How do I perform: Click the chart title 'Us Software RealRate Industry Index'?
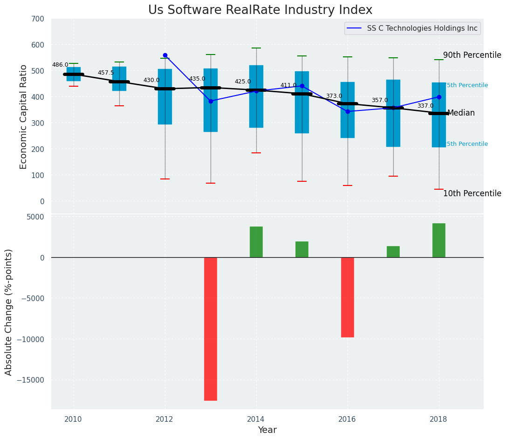(260, 10)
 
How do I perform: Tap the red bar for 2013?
(211, 329)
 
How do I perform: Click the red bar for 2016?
(348, 297)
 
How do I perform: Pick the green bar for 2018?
(439, 240)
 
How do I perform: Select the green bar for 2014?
(256, 242)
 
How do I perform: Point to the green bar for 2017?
(393, 252)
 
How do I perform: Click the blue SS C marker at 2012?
(165, 55)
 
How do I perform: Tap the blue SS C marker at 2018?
(439, 97)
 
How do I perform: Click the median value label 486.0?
(60, 65)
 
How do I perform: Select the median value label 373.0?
(334, 96)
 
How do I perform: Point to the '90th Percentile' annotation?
(472, 55)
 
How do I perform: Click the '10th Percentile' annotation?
(472, 193)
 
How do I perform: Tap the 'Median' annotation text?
(461, 113)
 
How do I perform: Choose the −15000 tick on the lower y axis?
(31, 380)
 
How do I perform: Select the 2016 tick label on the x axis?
(347, 419)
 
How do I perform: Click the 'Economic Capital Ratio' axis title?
(24, 117)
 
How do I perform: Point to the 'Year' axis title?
(267, 430)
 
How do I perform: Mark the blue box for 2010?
(74, 74)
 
